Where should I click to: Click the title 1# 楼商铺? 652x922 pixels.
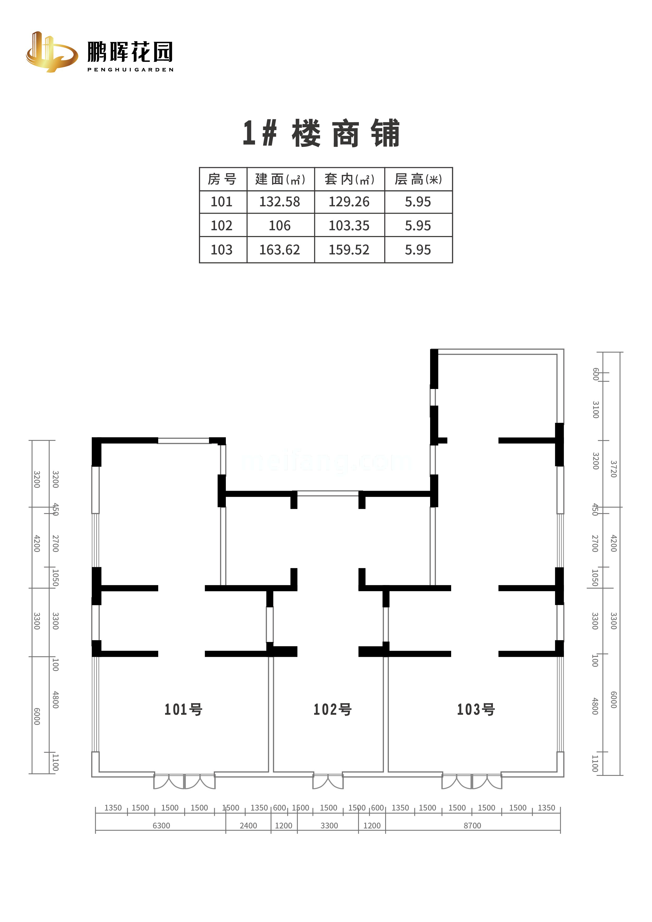click(321, 133)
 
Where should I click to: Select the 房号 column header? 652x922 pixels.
click(222, 179)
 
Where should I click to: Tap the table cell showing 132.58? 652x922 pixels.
click(280, 202)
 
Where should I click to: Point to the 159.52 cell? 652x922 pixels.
click(349, 250)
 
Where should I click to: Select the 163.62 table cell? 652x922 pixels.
click(280, 250)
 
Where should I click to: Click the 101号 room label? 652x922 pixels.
click(184, 710)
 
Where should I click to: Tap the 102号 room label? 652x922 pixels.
click(333, 710)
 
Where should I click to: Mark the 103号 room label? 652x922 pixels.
click(476, 710)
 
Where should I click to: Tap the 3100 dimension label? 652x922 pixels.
click(596, 409)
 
